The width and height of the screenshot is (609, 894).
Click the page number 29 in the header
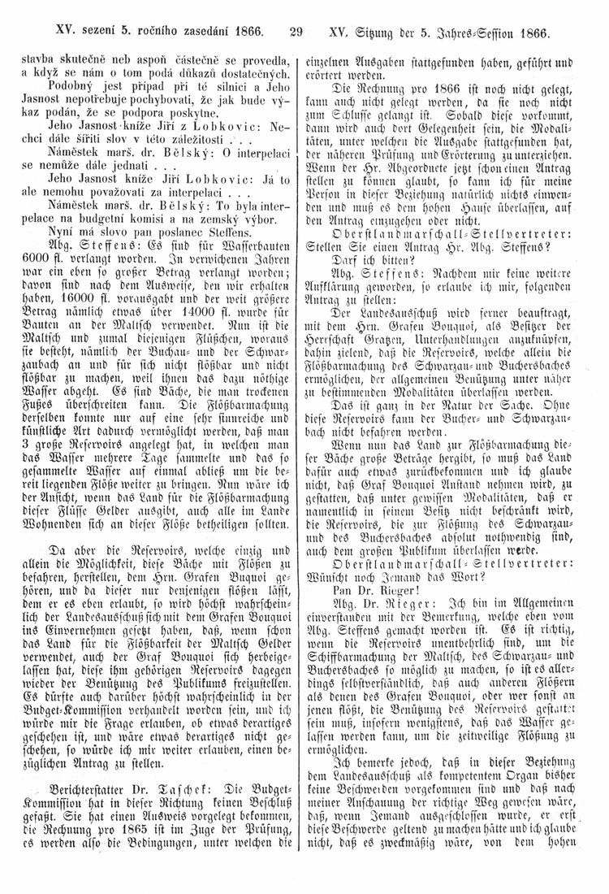pyautogui.click(x=295, y=34)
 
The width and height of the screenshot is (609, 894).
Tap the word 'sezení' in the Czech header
pyautogui.click(x=84, y=34)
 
